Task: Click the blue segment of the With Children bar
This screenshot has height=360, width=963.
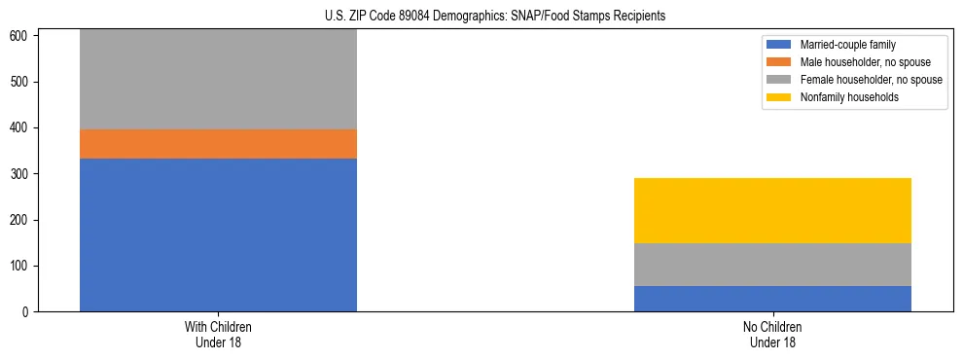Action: (x=218, y=234)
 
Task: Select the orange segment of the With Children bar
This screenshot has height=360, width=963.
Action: (x=218, y=144)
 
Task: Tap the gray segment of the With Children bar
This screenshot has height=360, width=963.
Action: (x=218, y=80)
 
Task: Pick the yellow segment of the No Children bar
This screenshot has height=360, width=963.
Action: (x=772, y=210)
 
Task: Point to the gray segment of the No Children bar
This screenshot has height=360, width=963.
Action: (x=772, y=265)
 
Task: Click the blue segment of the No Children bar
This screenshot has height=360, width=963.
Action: (x=772, y=299)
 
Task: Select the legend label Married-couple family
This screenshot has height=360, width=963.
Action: (x=847, y=45)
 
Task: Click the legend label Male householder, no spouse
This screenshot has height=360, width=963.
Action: (x=865, y=62)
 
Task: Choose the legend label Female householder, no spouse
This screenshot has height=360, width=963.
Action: (x=871, y=80)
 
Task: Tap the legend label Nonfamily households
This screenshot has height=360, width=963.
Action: (x=849, y=97)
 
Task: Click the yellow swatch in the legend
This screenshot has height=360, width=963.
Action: (x=779, y=97)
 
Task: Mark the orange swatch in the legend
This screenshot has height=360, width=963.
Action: (x=779, y=62)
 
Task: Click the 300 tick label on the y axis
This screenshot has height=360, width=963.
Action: (x=22, y=174)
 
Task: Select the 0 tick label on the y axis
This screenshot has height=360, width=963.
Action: (x=28, y=312)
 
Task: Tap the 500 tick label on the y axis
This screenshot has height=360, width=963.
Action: (x=22, y=82)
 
